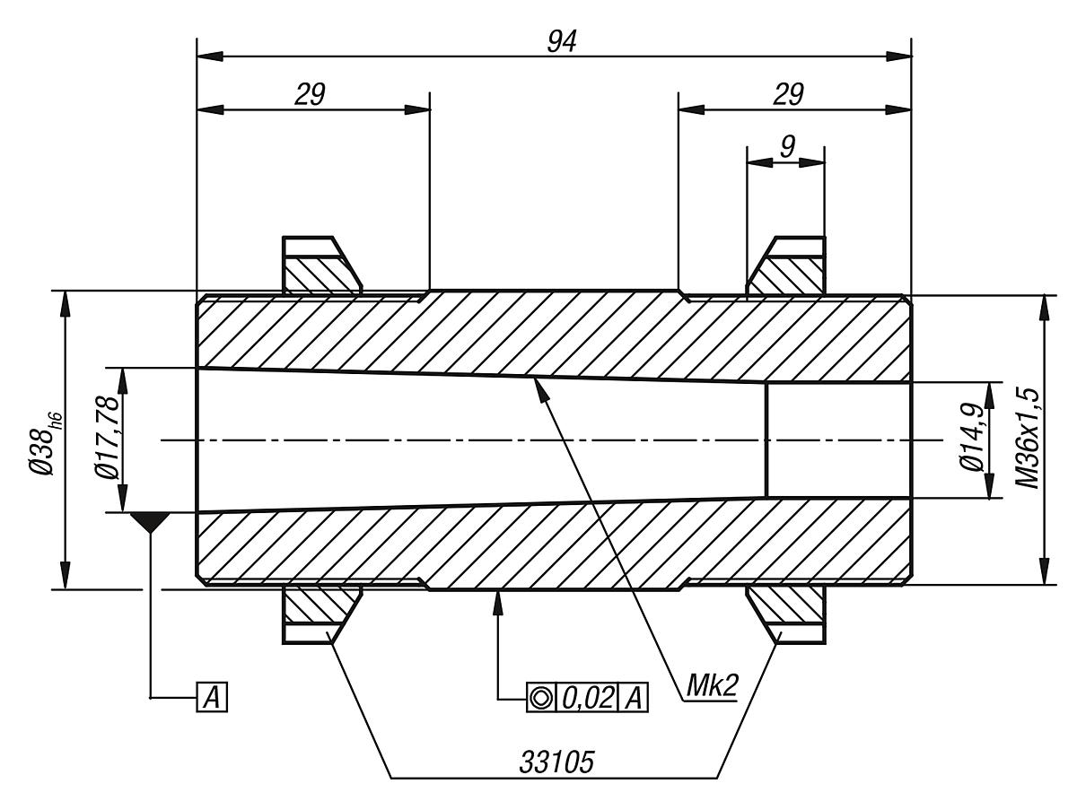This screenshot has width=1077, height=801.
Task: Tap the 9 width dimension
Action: click(788, 145)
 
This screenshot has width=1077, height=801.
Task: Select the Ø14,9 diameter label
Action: click(972, 439)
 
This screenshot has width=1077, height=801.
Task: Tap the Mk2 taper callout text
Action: click(713, 686)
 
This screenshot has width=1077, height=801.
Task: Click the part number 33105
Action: click(556, 762)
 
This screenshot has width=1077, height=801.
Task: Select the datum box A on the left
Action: click(212, 698)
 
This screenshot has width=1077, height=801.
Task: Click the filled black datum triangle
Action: click(151, 522)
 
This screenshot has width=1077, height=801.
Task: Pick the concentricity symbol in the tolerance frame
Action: click(540, 698)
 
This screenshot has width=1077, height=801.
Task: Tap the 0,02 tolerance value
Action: click(587, 698)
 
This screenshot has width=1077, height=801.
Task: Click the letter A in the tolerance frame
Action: click(634, 698)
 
